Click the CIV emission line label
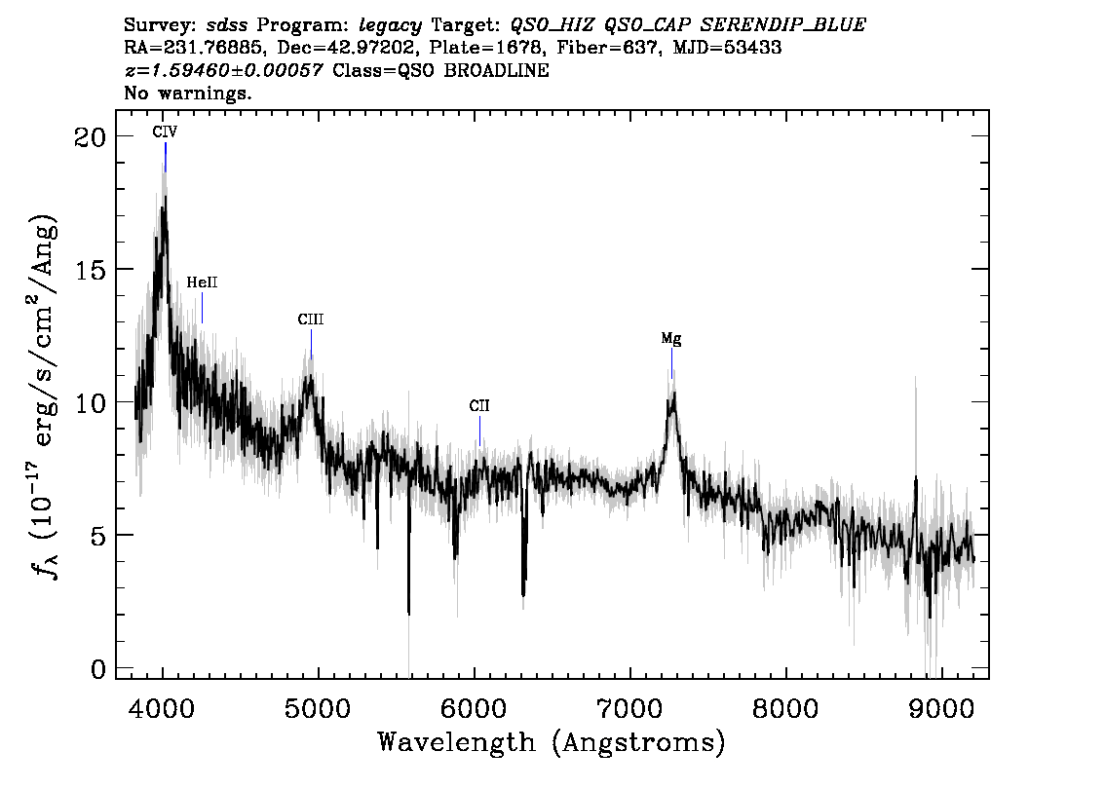(165, 131)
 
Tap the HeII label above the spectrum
(202, 282)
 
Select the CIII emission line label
(311, 319)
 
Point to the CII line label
(478, 405)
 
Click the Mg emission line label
(670, 339)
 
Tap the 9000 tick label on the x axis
(941, 706)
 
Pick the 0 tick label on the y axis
(97, 669)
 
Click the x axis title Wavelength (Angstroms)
(552, 742)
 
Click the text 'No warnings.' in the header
(188, 94)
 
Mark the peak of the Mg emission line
(672, 394)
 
